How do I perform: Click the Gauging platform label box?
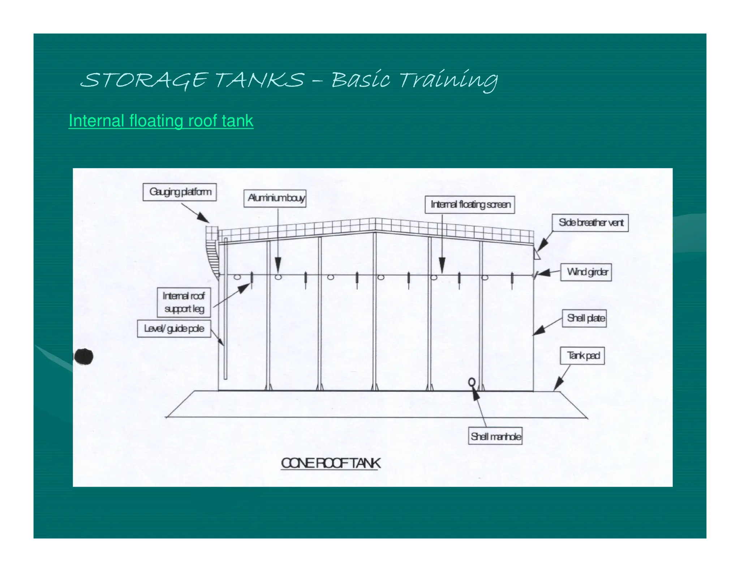click(180, 192)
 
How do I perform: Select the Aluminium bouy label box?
click(275, 198)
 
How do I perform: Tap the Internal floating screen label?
click(470, 205)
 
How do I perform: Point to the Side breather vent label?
click(590, 222)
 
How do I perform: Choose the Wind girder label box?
click(586, 272)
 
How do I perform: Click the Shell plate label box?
click(584, 318)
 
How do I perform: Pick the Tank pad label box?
click(582, 356)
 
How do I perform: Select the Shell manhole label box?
click(495, 436)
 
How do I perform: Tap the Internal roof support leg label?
click(184, 302)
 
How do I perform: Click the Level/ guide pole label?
click(174, 329)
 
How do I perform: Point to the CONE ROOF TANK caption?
click(331, 463)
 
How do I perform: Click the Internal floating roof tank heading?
click(161, 121)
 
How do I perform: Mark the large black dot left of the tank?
click(83, 357)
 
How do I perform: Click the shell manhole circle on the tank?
click(472, 382)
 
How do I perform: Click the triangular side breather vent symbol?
click(537, 255)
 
